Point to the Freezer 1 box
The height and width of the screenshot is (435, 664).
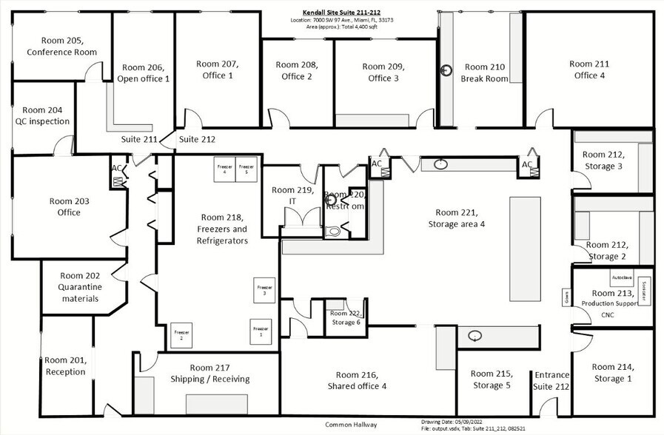click(x=259, y=331)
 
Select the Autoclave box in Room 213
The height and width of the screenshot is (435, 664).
click(x=621, y=278)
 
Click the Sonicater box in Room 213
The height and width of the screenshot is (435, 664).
click(x=645, y=290)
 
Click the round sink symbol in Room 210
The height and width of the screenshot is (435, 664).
click(x=446, y=71)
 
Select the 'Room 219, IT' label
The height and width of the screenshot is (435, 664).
click(x=286, y=195)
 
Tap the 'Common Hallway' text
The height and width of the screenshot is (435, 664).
click(x=351, y=425)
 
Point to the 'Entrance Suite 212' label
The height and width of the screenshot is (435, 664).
click(x=551, y=380)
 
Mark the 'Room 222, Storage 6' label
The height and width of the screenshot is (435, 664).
click(x=346, y=318)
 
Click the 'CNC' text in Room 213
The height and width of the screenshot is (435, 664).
click(x=607, y=315)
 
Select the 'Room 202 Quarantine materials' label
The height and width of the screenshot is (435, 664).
click(x=81, y=287)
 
